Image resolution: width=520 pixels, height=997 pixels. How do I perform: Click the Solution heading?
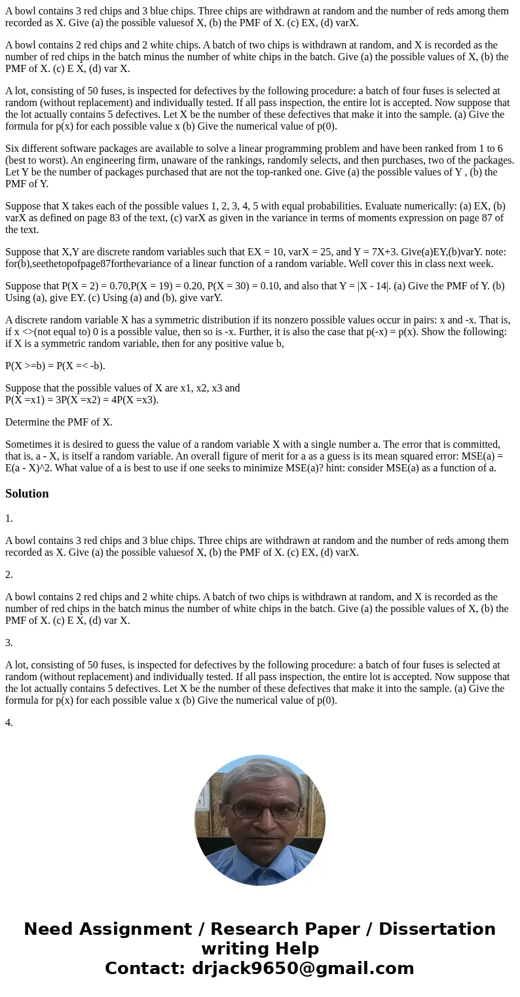pos(27,494)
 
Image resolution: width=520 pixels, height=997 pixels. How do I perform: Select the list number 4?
pos(9,723)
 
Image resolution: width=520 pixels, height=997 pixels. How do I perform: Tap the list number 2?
pos(9,575)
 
